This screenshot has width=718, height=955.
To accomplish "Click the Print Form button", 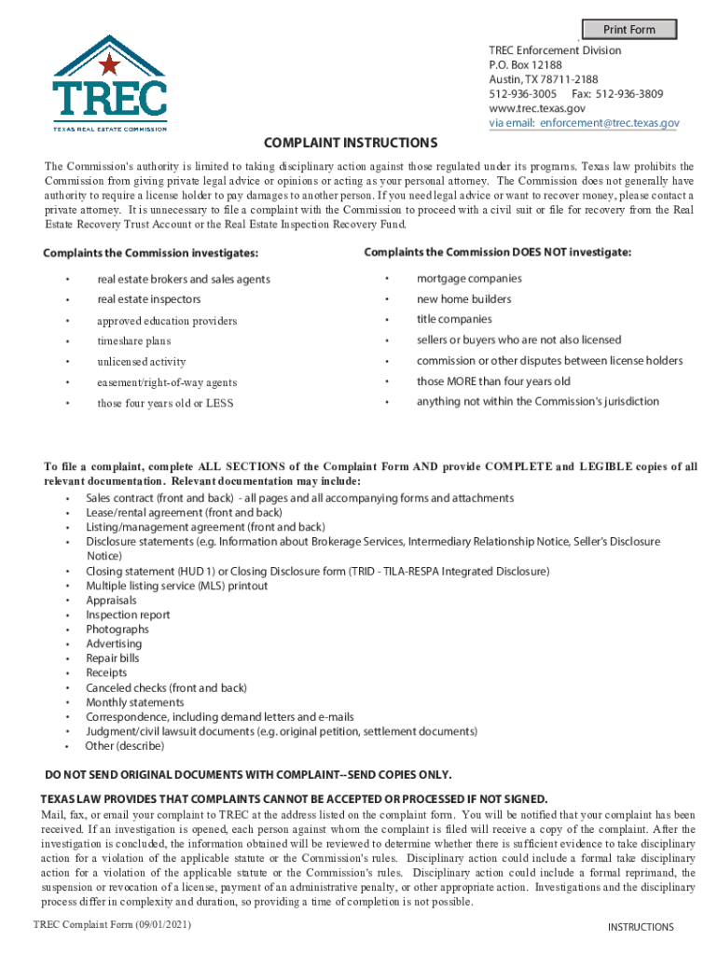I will [x=629, y=29].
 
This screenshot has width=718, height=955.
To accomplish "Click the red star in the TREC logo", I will [x=109, y=65].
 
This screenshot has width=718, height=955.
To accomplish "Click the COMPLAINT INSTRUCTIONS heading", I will [x=351, y=143].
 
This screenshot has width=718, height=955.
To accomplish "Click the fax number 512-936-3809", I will [x=631, y=94].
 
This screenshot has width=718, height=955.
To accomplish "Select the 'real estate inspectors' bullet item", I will [x=149, y=299].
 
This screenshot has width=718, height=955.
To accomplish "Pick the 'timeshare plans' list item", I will [x=134, y=340].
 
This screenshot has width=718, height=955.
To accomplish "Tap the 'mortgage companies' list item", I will [x=469, y=279].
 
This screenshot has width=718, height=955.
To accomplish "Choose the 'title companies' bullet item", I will [x=454, y=320].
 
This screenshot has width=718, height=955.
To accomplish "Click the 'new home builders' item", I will [x=463, y=299].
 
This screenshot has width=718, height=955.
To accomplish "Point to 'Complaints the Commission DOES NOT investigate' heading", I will [x=497, y=253].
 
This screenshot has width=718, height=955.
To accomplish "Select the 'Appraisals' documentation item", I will [x=111, y=601].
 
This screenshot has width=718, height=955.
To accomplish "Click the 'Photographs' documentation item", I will [x=117, y=630].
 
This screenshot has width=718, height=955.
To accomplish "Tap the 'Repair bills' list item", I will [x=114, y=658].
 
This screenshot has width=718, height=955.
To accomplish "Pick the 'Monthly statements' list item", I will [x=135, y=702].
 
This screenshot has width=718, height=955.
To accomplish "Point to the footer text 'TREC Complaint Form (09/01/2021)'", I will [x=112, y=924].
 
